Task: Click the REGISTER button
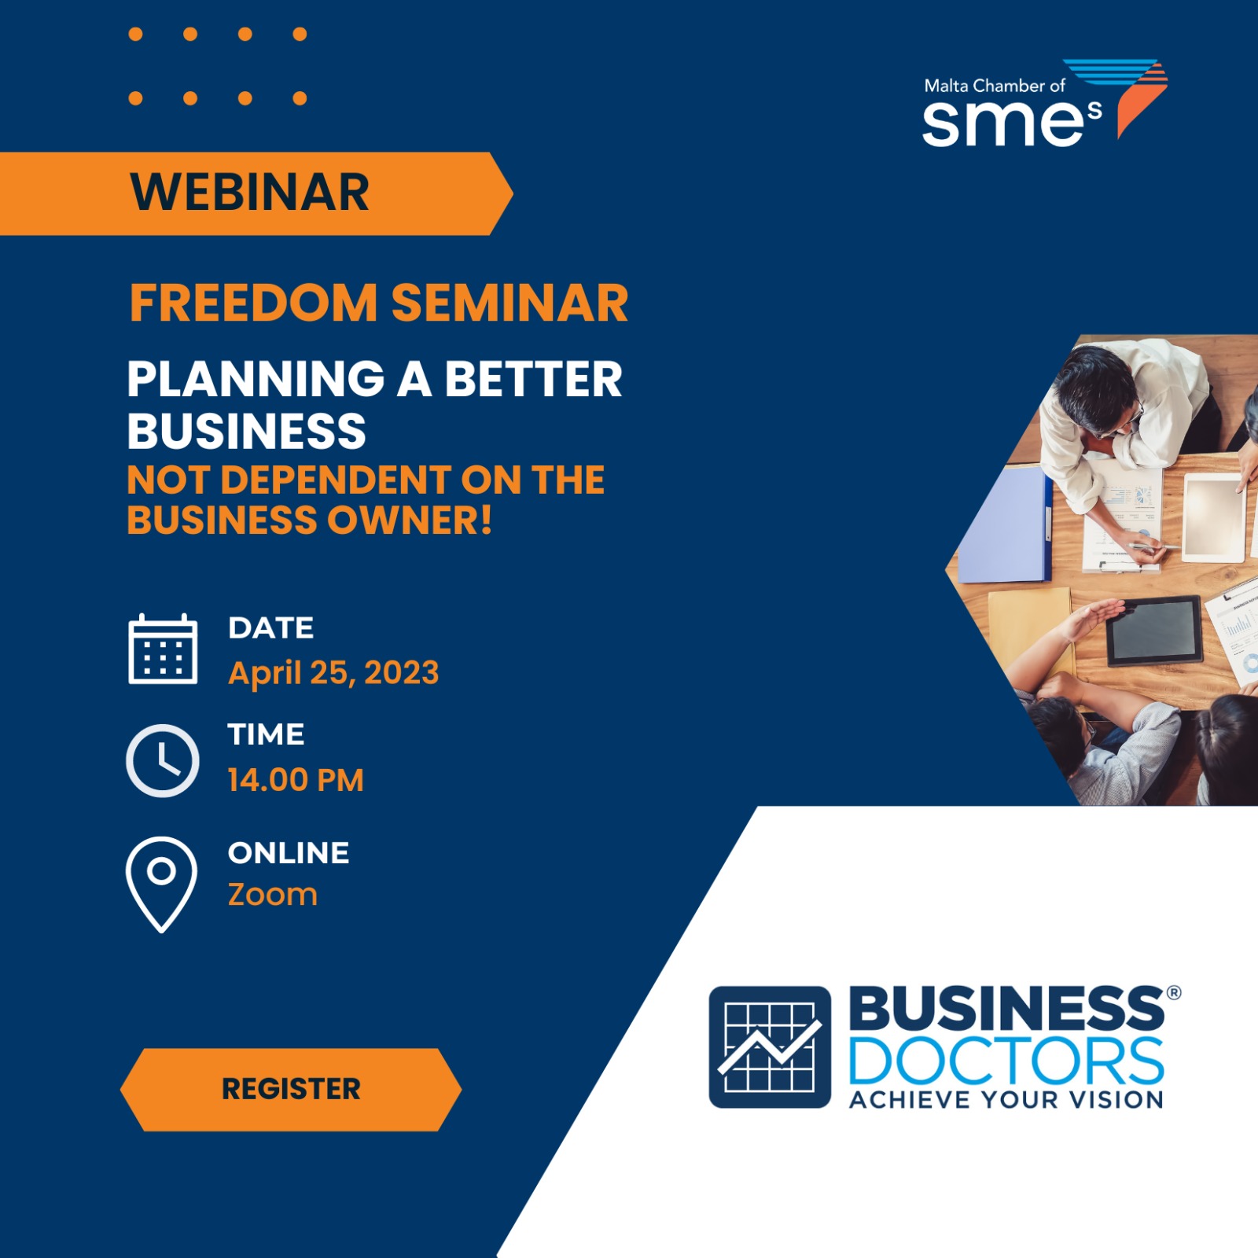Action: pos(291,1089)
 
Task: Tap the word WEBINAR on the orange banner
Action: pos(249,193)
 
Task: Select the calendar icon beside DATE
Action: pos(163,649)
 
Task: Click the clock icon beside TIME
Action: pos(163,760)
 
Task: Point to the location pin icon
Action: pos(161,885)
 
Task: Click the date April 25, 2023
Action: pos(333,673)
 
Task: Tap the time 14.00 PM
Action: pos(296,780)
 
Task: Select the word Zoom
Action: pos(273,895)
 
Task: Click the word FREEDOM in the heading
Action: pos(254,303)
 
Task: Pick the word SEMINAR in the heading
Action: pos(510,303)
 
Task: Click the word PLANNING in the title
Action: pos(256,379)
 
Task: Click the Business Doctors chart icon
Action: pos(770,1046)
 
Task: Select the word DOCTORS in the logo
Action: pos(1006,1061)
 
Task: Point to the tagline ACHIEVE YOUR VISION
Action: pos(1006,1099)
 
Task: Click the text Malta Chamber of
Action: pos(995,86)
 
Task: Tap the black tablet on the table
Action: pos(1155,630)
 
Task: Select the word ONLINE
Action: pos(289,853)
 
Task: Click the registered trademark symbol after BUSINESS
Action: pos(1174,992)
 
